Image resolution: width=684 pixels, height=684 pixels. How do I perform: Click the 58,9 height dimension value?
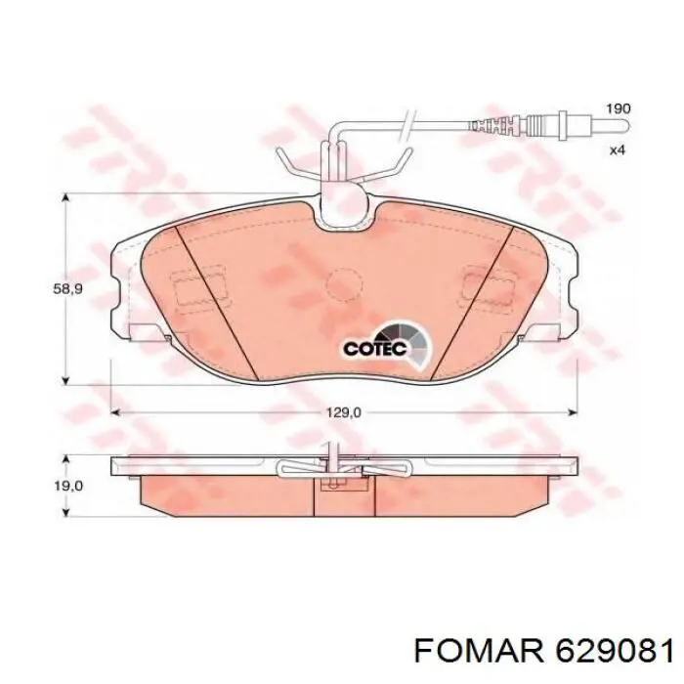click(x=67, y=289)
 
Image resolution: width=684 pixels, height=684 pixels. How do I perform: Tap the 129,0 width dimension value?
click(x=345, y=412)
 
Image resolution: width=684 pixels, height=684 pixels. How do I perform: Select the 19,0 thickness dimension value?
click(x=68, y=486)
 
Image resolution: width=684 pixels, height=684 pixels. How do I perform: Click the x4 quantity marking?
click(x=618, y=150)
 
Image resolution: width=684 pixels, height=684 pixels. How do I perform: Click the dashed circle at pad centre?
click(x=345, y=285)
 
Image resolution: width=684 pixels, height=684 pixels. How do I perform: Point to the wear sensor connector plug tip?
click(x=626, y=126)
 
